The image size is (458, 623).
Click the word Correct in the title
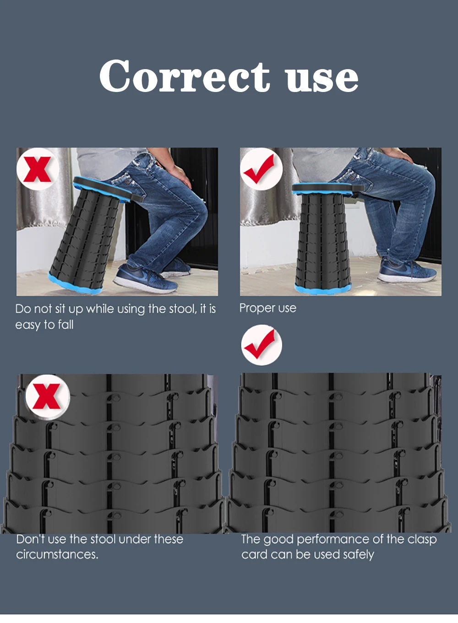185,76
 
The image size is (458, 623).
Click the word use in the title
322,79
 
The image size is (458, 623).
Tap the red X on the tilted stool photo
38,169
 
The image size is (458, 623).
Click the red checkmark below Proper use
260,344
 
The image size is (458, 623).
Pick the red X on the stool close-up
47,396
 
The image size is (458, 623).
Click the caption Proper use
267,309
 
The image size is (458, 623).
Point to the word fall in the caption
65,325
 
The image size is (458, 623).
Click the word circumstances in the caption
57,554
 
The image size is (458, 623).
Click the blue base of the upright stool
322,289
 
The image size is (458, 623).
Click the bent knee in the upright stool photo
423,181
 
